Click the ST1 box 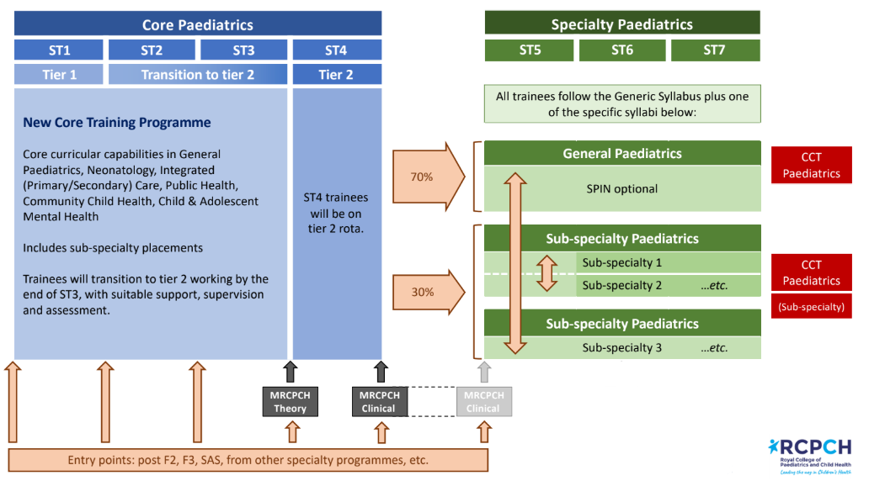59,50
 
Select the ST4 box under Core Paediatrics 336,50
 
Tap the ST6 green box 621,50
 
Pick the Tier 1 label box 59,75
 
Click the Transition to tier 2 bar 197,75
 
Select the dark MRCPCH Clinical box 378,402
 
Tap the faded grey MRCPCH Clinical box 483,402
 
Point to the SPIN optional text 621,188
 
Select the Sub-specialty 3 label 621,347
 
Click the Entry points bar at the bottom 248,460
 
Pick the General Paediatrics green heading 621,154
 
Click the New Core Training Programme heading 117,123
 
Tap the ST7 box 714,50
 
